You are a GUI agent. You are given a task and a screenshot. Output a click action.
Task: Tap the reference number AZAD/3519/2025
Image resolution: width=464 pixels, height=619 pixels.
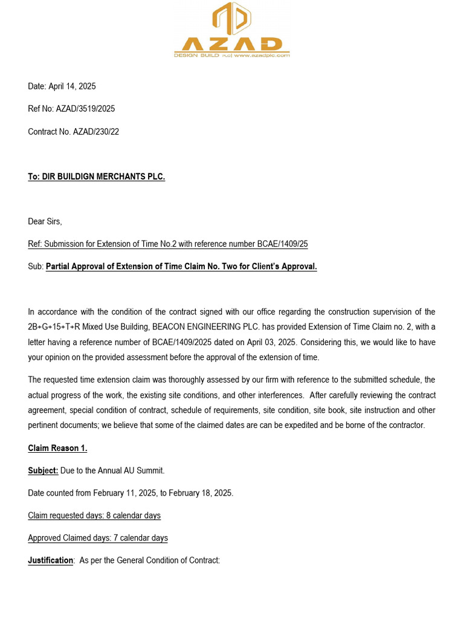[x=85, y=109]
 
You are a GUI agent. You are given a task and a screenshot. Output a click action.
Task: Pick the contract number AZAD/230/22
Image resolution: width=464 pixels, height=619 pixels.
[x=96, y=132]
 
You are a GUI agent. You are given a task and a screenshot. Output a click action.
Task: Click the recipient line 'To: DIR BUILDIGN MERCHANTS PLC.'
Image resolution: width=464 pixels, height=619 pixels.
[x=96, y=177]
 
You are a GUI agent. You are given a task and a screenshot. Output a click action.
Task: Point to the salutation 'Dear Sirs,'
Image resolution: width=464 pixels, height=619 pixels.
[x=45, y=221]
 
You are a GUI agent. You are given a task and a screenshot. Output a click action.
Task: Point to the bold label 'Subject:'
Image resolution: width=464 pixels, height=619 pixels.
[x=43, y=470]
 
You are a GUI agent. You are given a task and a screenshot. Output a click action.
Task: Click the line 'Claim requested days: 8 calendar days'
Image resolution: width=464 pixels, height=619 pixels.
[x=94, y=516]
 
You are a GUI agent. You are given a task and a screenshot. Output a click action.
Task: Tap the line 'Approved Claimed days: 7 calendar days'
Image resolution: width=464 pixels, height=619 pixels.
[x=98, y=538]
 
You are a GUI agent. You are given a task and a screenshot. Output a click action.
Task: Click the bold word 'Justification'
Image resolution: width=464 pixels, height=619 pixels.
[x=51, y=560]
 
